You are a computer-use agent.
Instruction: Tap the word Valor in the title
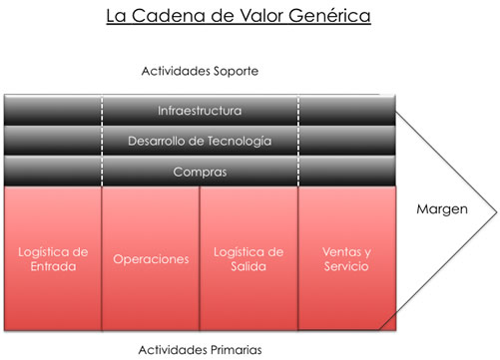(268, 18)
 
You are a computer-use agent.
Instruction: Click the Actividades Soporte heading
(201, 72)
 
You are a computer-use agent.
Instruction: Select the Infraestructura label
(200, 109)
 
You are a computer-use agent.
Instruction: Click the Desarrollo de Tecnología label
(200, 141)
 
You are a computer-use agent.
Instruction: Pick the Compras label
(200, 172)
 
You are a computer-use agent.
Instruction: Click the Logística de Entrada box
(52, 258)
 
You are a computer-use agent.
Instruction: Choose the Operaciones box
(151, 258)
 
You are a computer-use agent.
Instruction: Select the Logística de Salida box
(250, 258)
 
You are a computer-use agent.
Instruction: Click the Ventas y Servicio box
(347, 258)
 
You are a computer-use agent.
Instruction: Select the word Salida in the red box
(250, 267)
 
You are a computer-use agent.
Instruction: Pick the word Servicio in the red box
(347, 267)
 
